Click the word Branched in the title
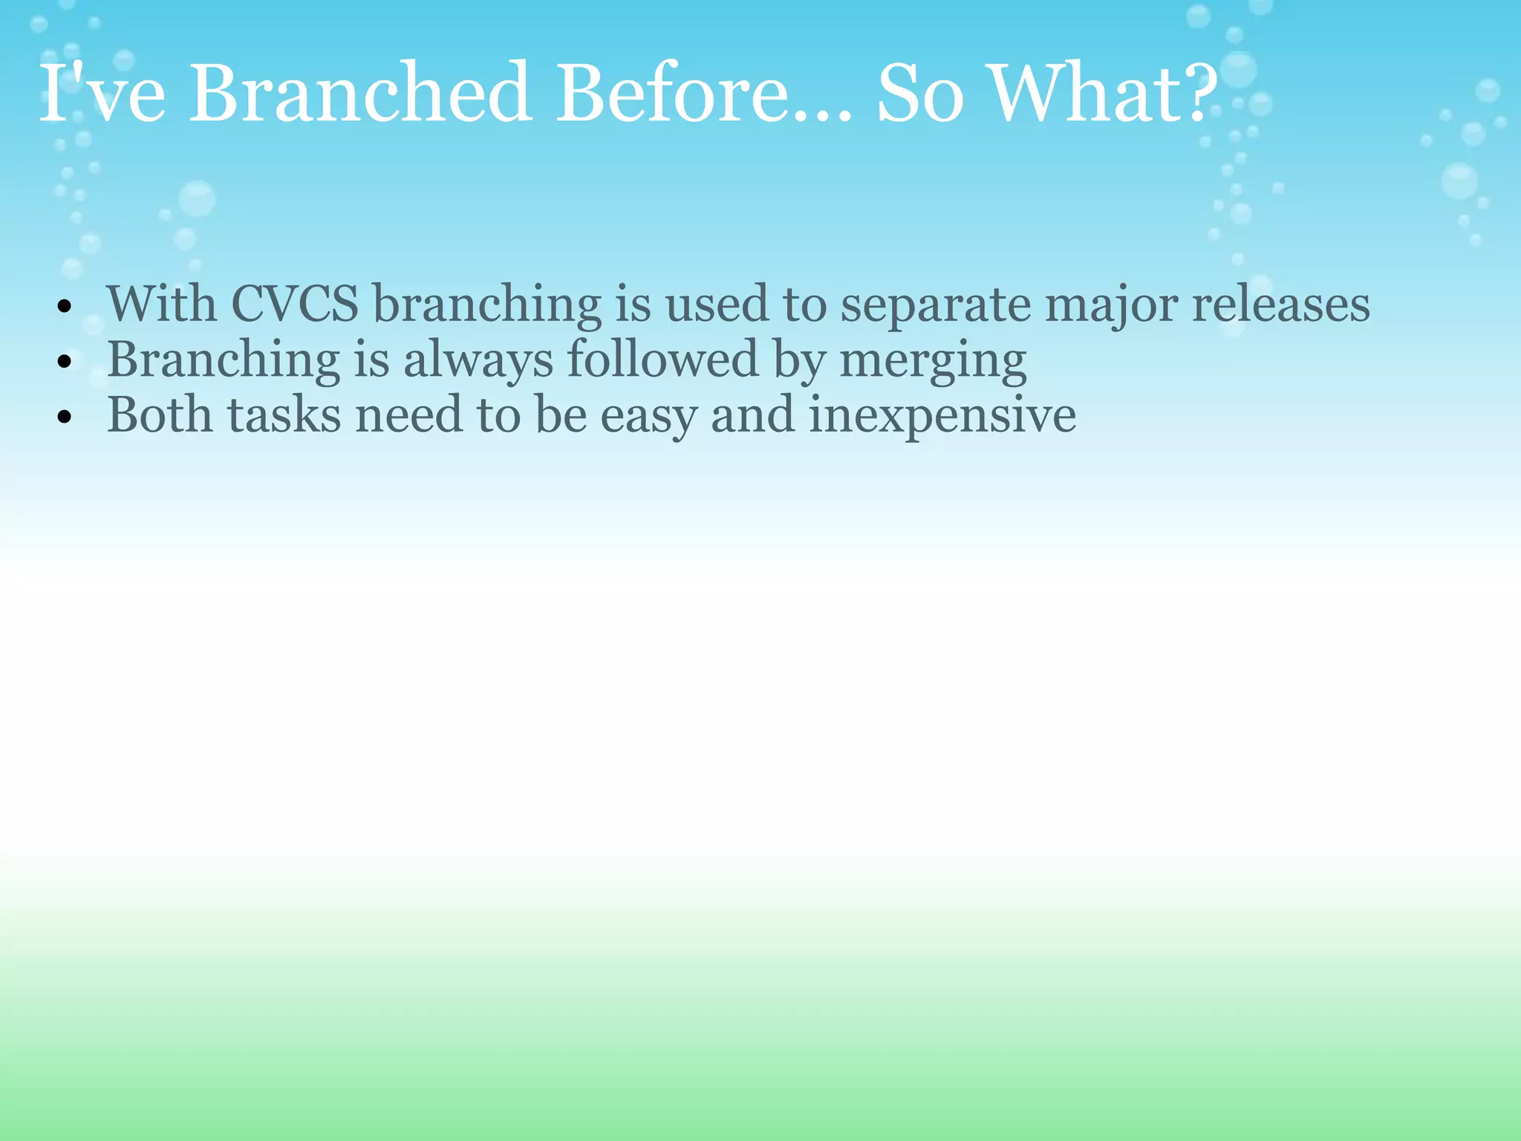[x=359, y=95]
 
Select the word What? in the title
[x=1104, y=95]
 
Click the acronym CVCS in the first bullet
[x=295, y=305]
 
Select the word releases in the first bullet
[x=1280, y=305]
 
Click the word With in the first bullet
[x=162, y=305]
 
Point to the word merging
[x=933, y=361]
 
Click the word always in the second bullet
[x=478, y=361]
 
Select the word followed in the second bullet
[x=662, y=360]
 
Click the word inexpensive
[x=942, y=416]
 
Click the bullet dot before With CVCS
[x=65, y=307]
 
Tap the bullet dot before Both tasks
[x=65, y=417]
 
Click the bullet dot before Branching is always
[x=65, y=363]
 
